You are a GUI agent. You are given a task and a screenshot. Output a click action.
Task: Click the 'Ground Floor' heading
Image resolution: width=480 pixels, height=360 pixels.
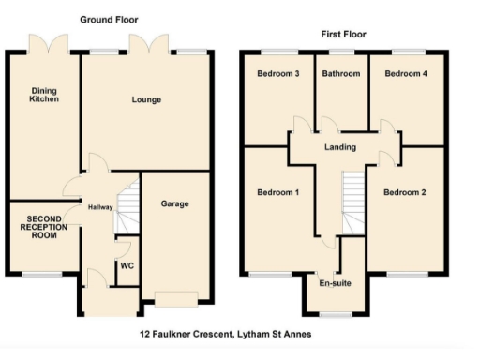[x=109, y=18]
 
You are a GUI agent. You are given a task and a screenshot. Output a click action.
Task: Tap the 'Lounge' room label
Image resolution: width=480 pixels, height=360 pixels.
[x=145, y=99]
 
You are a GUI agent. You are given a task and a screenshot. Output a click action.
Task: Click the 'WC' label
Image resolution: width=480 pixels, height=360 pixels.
[x=127, y=265]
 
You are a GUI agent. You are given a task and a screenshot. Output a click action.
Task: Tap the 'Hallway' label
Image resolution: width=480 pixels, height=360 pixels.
[x=99, y=207]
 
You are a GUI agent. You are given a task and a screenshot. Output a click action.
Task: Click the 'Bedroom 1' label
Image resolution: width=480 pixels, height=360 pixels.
[x=277, y=193]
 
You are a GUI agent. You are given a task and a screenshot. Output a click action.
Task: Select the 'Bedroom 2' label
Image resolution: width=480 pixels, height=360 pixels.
[x=404, y=193]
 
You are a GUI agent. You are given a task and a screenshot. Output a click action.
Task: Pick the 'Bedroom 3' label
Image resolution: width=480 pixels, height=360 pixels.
[x=277, y=73]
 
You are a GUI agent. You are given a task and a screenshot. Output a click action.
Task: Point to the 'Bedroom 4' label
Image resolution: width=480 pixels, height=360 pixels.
[x=404, y=73]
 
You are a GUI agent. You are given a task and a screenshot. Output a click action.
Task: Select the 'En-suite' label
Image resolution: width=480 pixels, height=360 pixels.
[x=335, y=281]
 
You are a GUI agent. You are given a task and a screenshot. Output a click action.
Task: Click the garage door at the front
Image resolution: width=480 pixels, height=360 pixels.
[x=176, y=300]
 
